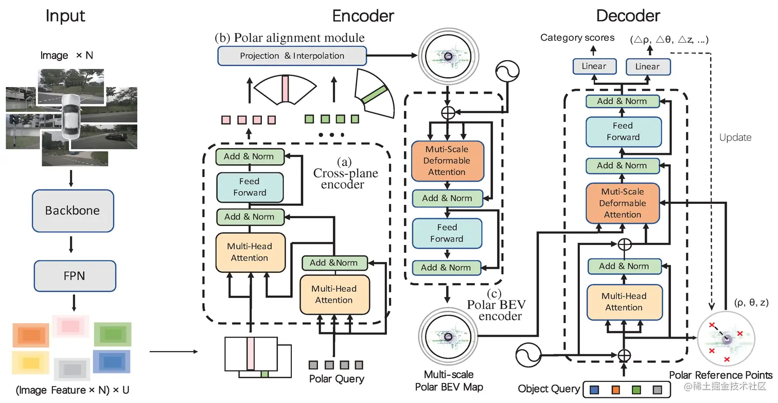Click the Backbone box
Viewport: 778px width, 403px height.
coord(73,210)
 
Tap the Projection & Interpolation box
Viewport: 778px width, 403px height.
coord(292,56)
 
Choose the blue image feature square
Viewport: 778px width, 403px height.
coord(111,361)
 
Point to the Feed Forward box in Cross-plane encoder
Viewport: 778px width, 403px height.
coord(250,187)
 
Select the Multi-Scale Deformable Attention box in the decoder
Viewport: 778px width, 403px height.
coord(623,203)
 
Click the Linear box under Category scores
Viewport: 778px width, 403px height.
coord(594,66)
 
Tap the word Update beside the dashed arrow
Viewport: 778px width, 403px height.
coord(735,137)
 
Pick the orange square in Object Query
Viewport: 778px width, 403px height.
coord(614,390)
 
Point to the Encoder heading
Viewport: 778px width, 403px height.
coord(363,16)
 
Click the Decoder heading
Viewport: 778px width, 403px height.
coord(628,16)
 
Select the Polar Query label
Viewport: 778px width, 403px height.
coord(337,379)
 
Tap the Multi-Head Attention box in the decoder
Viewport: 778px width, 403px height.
coord(624,302)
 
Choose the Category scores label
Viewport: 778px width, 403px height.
coord(577,38)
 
